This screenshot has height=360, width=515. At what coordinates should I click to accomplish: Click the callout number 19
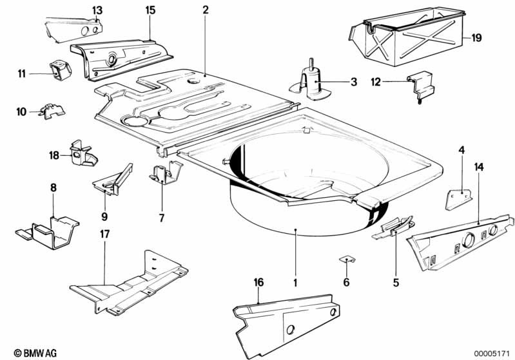pos(476,38)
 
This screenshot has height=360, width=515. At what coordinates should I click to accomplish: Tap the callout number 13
pos(97,10)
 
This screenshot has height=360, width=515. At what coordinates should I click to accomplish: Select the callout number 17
pos(104,234)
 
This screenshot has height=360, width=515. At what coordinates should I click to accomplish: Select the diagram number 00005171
pos(492,353)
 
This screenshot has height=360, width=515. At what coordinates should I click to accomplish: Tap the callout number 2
pos(206,10)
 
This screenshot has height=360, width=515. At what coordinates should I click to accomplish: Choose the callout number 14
pos(478,167)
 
